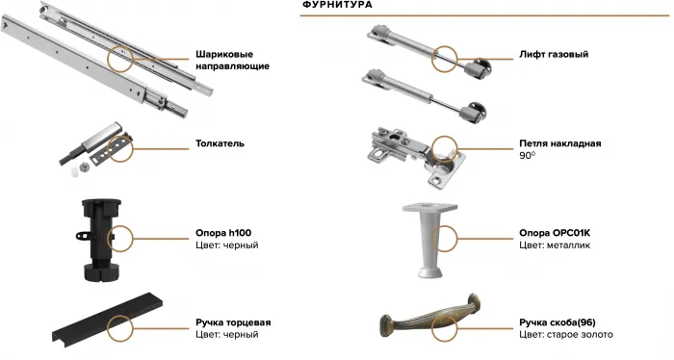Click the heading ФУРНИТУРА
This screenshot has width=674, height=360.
click(x=337, y=6)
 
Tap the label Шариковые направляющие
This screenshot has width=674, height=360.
click(x=232, y=60)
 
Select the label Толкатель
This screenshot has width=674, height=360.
click(x=220, y=143)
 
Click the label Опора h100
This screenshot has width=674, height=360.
click(x=223, y=234)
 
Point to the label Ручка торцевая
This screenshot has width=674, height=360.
click(x=234, y=322)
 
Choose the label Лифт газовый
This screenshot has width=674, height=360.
click(x=554, y=55)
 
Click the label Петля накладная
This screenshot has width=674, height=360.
click(x=559, y=143)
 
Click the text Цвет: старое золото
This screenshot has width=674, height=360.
click(x=565, y=335)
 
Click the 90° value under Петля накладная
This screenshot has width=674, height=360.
click(x=527, y=155)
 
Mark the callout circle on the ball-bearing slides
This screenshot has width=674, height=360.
click(x=124, y=60)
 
